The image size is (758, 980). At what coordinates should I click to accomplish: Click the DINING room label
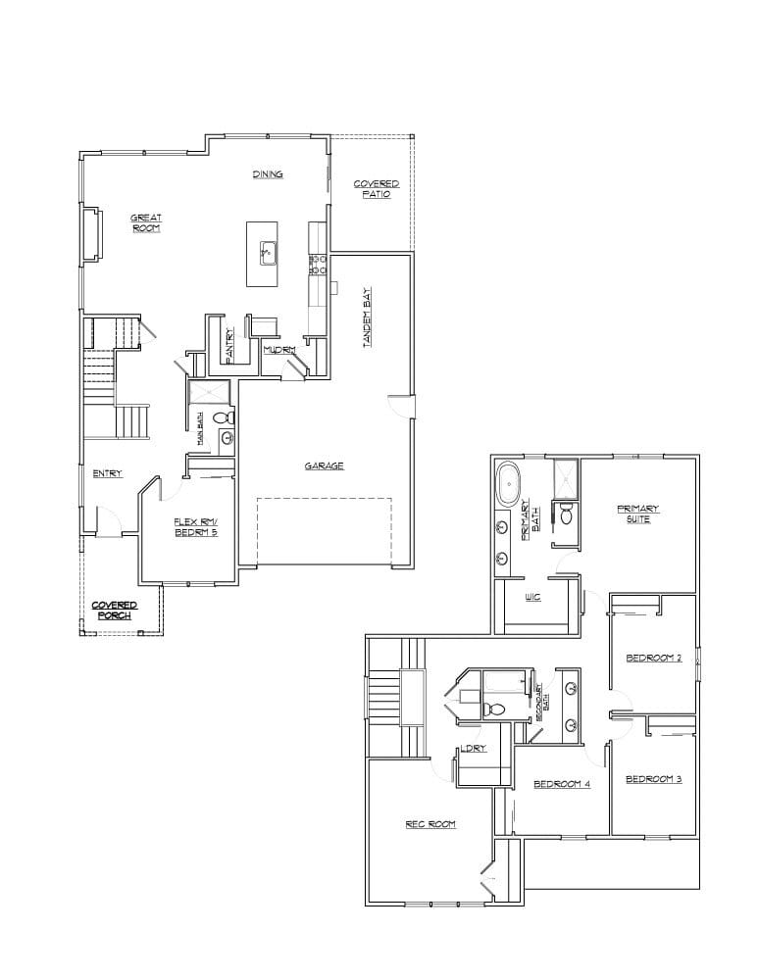click(268, 174)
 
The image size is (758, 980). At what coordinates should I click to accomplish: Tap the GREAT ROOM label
click(146, 222)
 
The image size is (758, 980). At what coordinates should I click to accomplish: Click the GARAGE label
click(324, 465)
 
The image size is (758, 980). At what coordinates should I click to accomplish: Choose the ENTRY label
click(107, 473)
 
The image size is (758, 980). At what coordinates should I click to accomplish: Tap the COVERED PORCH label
click(115, 611)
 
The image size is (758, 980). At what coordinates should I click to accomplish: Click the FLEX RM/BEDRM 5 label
click(195, 526)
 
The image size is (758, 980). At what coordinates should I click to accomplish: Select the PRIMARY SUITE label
click(637, 514)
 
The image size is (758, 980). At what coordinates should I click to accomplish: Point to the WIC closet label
click(532, 597)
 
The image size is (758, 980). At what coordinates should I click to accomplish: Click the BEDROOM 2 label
click(654, 658)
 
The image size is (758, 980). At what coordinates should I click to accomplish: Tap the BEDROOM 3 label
click(654, 778)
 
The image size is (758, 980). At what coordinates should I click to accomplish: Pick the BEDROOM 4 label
click(562, 784)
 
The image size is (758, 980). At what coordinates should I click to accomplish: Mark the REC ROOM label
click(430, 824)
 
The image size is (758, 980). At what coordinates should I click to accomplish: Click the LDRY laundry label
click(474, 749)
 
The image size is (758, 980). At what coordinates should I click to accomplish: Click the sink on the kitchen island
click(268, 253)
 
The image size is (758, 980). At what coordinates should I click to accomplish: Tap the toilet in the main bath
click(224, 417)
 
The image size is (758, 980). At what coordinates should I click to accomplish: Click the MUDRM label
click(279, 349)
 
